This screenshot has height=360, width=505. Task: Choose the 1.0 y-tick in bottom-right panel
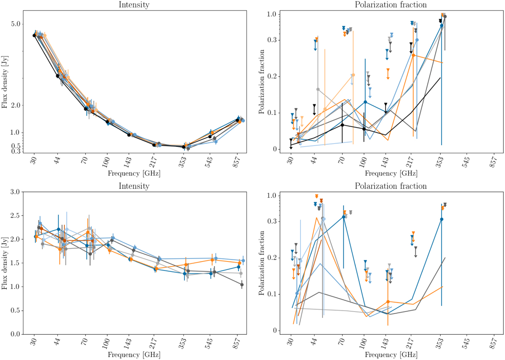click(275, 196)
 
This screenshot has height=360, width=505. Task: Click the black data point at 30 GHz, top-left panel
click(34, 35)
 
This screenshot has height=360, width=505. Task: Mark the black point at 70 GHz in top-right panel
click(343, 125)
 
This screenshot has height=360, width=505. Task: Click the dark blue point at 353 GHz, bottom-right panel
click(441, 219)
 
